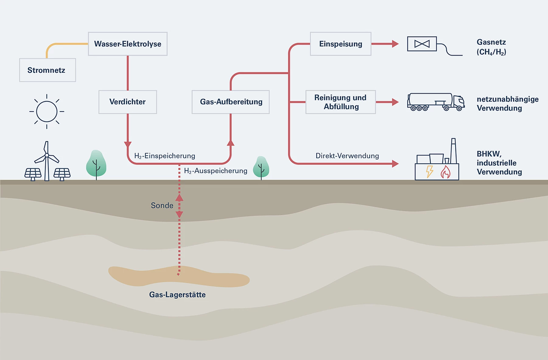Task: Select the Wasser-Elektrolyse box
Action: click(x=128, y=44)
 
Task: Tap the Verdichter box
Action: click(x=128, y=102)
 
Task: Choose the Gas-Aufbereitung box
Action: click(x=230, y=102)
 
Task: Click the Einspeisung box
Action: click(x=340, y=44)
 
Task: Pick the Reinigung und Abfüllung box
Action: click(x=340, y=102)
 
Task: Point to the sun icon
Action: click(x=47, y=111)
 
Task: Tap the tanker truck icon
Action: click(x=436, y=102)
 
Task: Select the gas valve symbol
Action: click(x=422, y=44)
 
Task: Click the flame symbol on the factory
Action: click(x=445, y=172)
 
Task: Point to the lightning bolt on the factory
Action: click(x=430, y=171)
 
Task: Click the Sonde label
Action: click(x=162, y=206)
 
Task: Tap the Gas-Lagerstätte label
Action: click(x=177, y=295)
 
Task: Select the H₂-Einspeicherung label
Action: click(x=165, y=156)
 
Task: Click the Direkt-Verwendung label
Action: click(x=347, y=156)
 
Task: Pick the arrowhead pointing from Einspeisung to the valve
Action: click(x=395, y=44)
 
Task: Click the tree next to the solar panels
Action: click(x=96, y=164)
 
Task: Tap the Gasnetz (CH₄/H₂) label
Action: click(x=491, y=47)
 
